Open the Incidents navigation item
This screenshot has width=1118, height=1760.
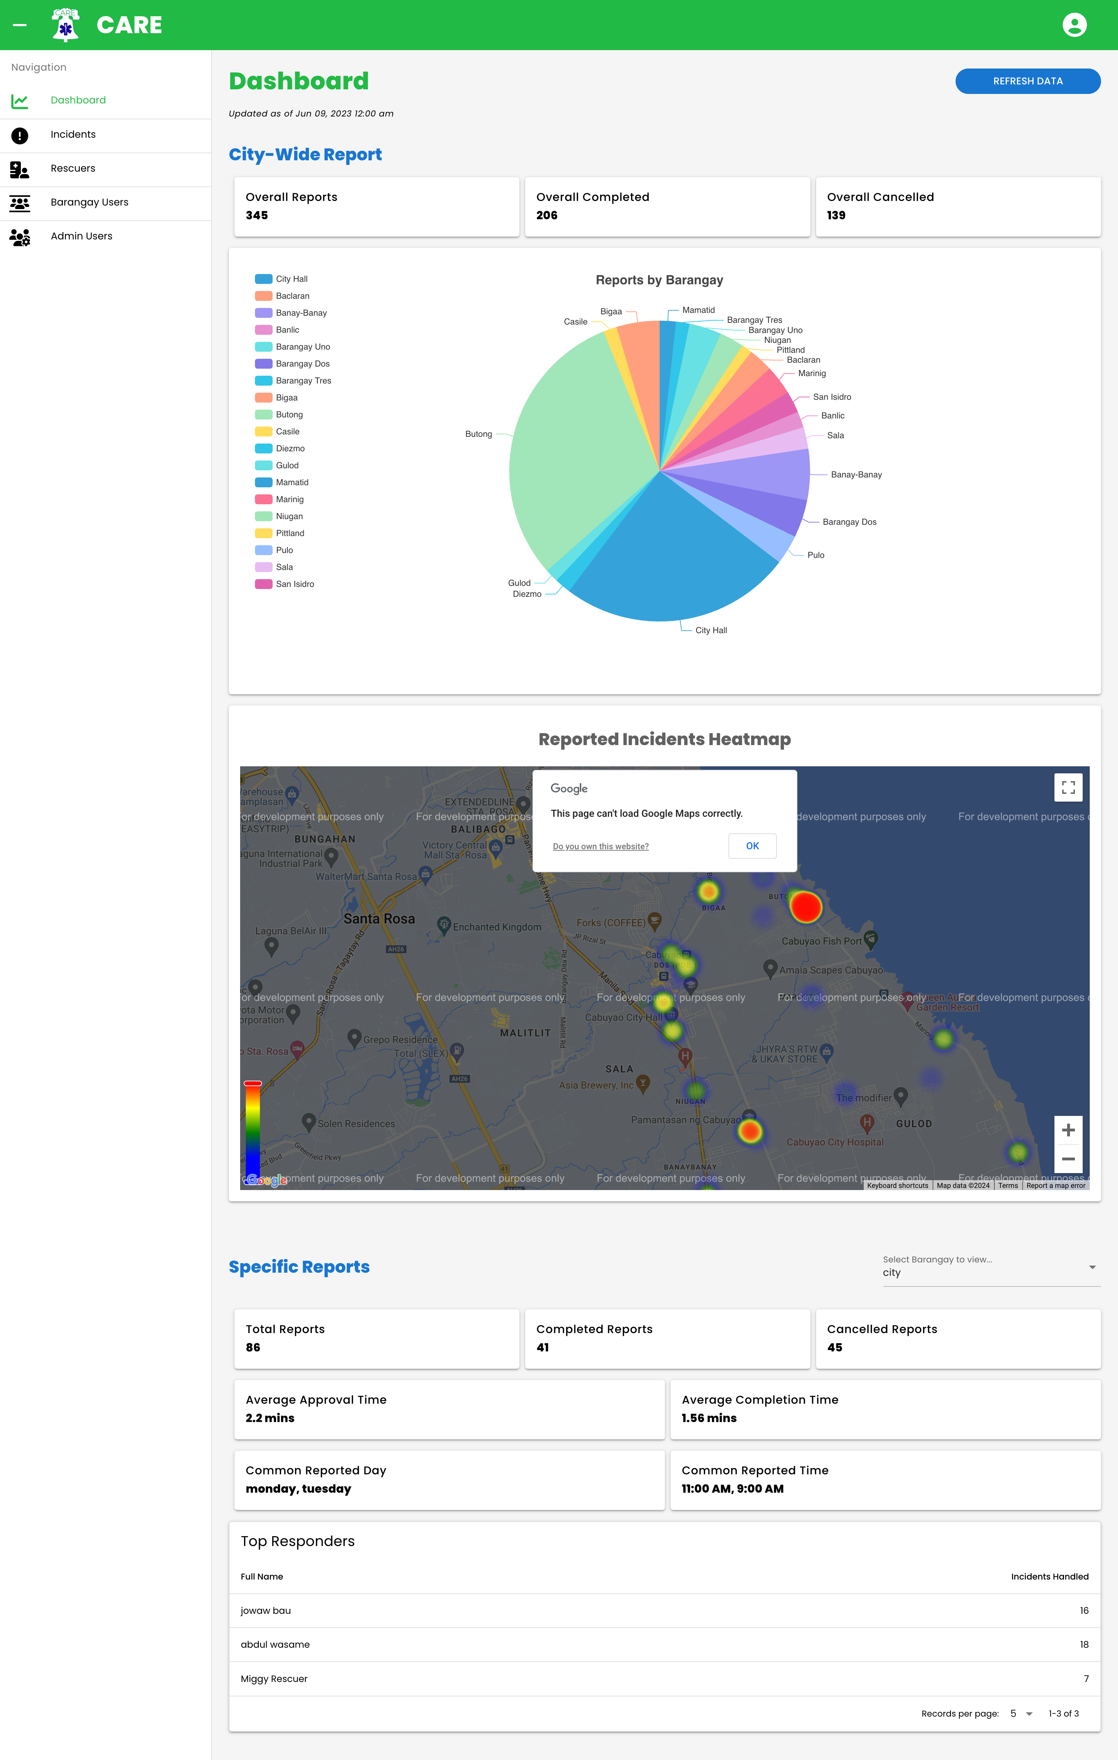[73, 135]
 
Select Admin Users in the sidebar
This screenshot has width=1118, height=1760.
[81, 236]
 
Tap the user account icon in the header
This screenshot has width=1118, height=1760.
[1074, 25]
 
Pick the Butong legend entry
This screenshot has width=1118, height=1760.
[289, 415]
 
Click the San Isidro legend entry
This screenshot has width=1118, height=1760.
[295, 584]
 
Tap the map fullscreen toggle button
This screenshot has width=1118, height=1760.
[1068, 787]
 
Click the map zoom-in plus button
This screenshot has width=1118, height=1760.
[1068, 1130]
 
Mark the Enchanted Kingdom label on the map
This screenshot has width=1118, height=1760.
[497, 927]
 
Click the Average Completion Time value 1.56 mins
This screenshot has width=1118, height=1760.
[709, 1418]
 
